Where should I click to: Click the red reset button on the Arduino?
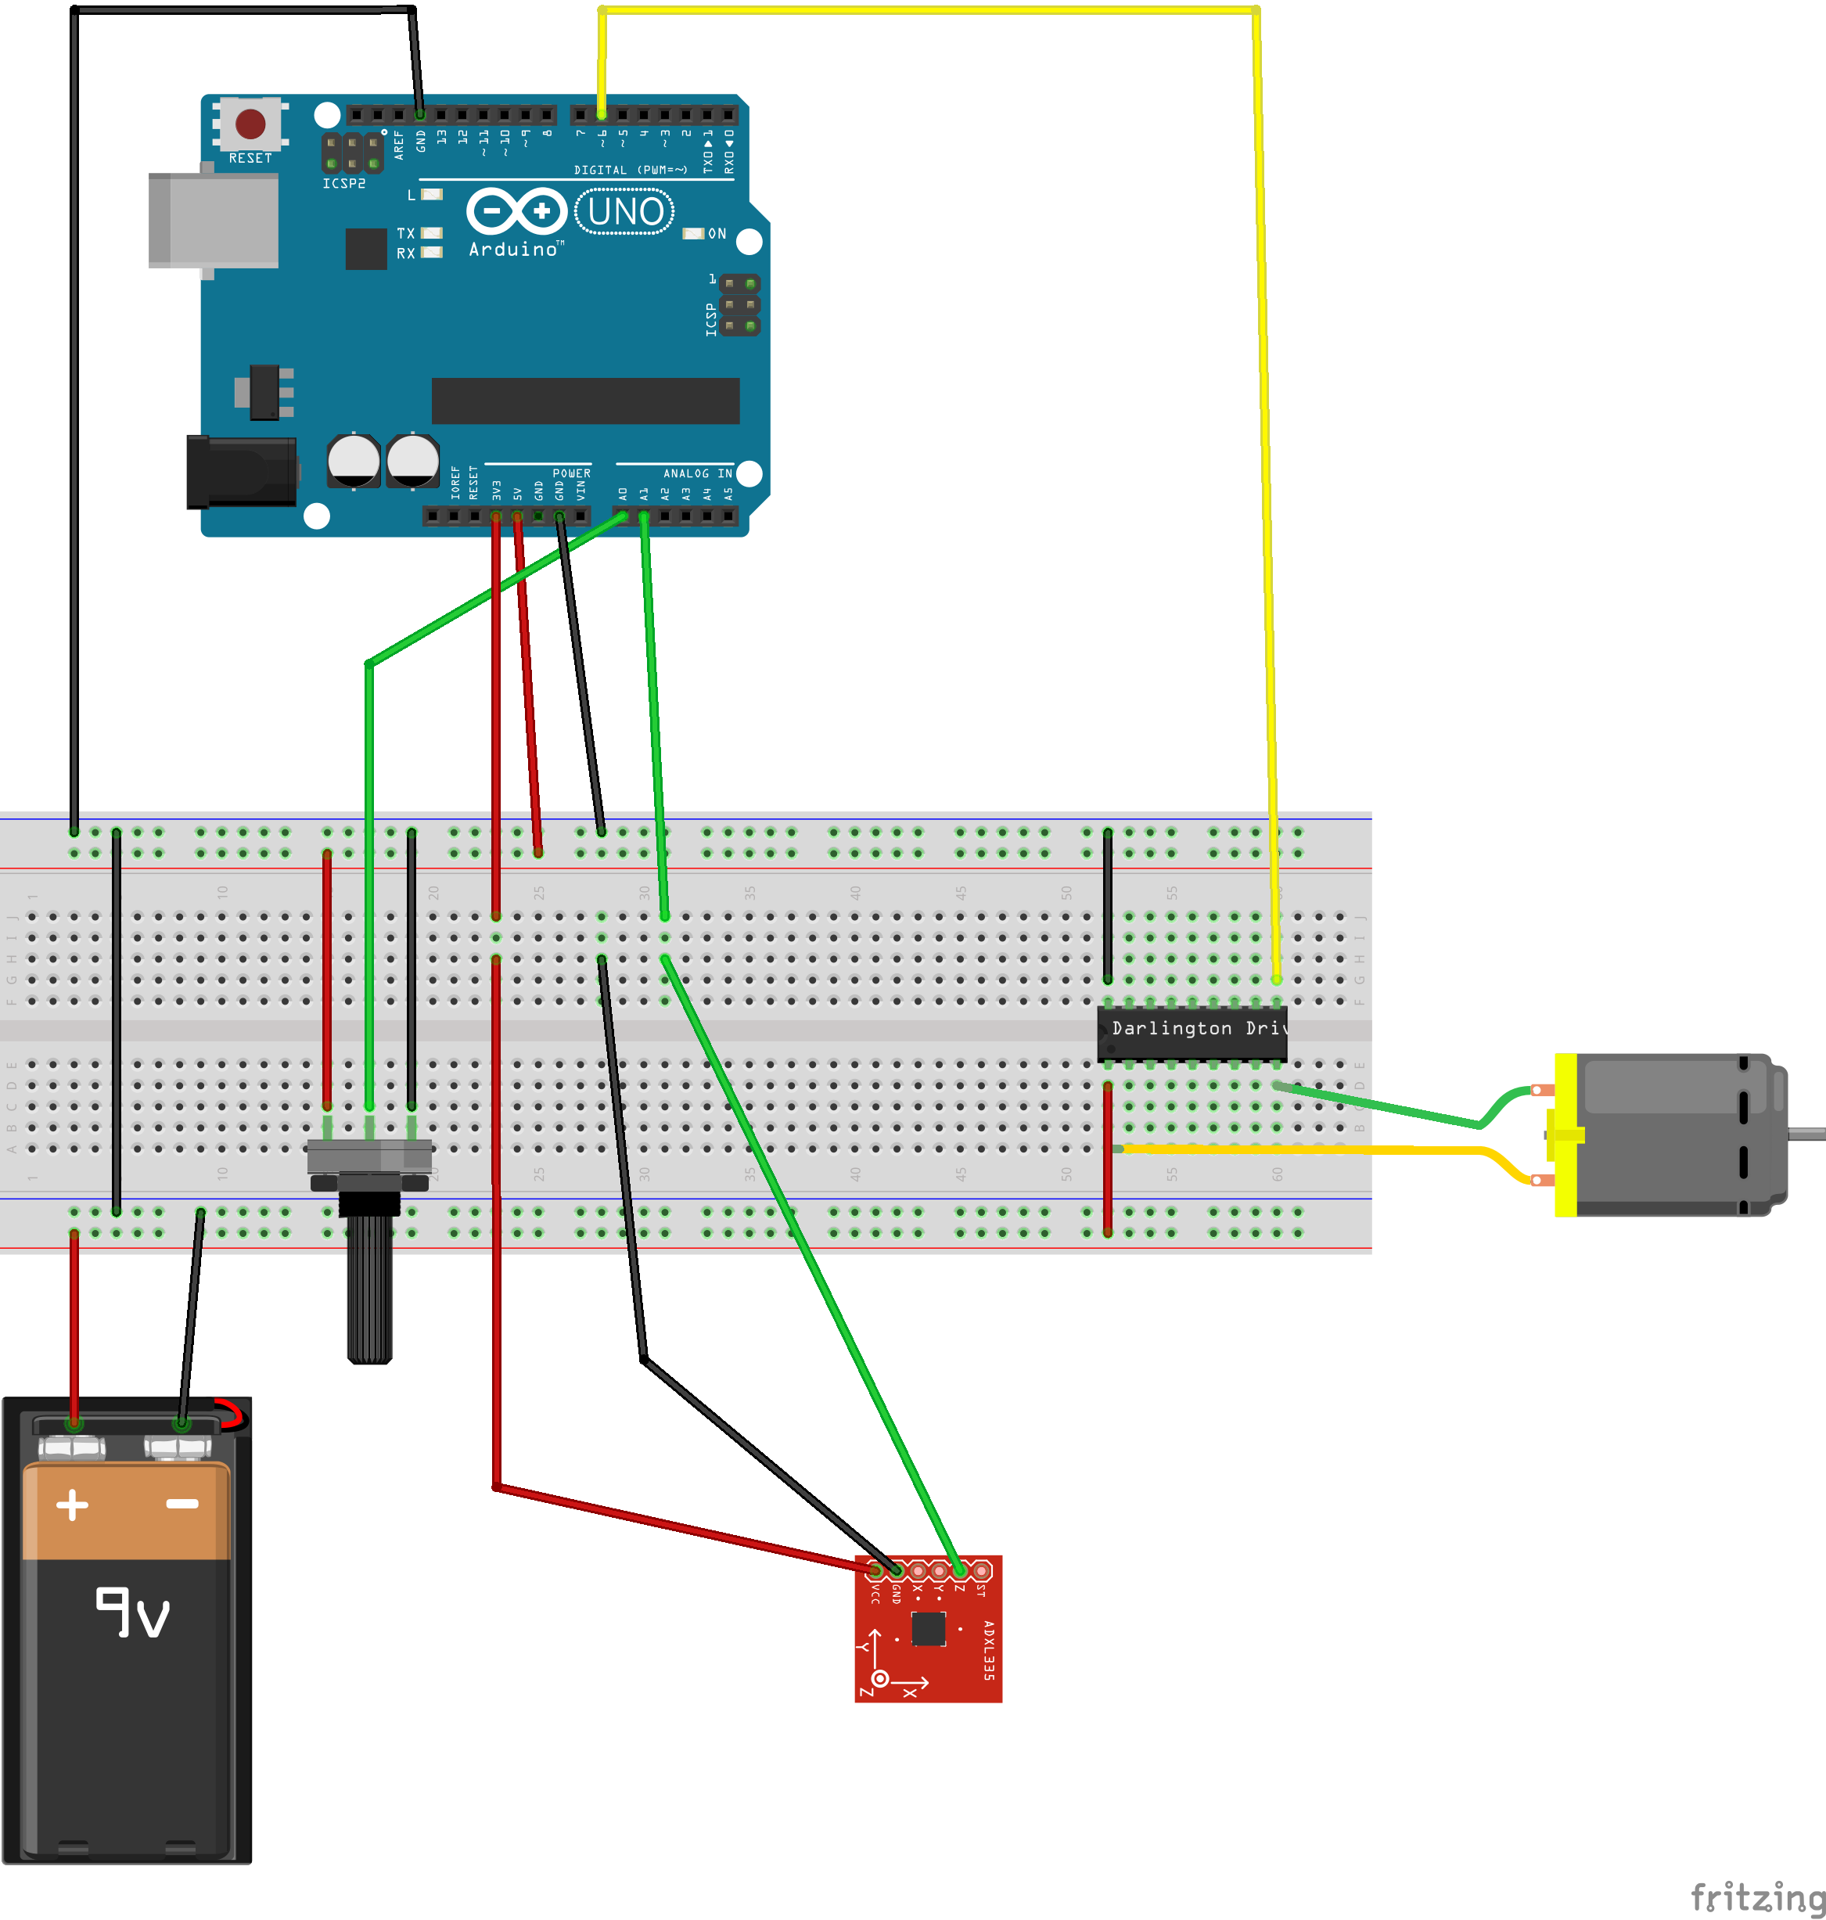click(250, 124)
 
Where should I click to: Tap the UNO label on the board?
click(625, 211)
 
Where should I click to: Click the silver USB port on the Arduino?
click(213, 220)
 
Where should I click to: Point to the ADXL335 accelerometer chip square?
click(928, 1628)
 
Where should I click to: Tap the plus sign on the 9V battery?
click(72, 1505)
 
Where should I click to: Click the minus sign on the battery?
click(182, 1505)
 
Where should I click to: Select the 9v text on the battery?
click(132, 1613)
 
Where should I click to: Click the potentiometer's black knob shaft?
click(369, 1285)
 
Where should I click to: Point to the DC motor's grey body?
click(1674, 1135)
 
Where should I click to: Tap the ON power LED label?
click(717, 234)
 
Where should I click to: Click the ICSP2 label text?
click(343, 183)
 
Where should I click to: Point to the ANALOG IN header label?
click(697, 473)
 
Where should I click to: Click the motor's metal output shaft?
click(1807, 1132)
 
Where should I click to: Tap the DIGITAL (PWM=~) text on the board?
click(630, 170)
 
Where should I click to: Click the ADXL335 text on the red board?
click(988, 1650)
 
